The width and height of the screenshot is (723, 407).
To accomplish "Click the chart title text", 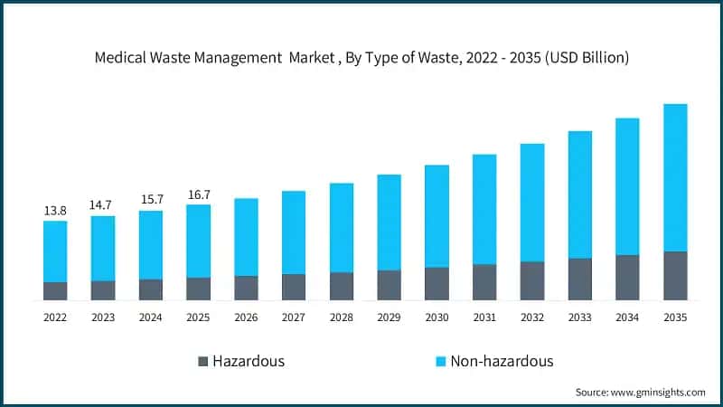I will coord(361,57).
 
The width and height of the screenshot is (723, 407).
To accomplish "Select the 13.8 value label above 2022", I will coord(55,211).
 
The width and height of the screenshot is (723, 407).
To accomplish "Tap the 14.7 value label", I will coord(103,205).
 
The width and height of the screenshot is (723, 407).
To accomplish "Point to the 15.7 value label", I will coord(151,200).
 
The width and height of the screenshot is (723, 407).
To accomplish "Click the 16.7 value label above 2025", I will coord(198,194).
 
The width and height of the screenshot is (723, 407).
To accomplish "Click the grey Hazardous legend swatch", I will coord(202,362).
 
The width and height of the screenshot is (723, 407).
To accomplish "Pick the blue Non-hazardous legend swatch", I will coord(440,362).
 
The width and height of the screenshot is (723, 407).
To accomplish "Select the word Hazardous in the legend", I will coord(249,362).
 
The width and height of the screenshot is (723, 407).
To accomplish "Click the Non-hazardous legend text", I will coord(502,362).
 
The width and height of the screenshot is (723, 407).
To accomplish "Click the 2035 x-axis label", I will coord(675,317).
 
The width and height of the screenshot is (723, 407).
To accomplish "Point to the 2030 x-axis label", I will coord(437,317).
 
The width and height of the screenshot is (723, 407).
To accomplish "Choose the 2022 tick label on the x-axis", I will coord(55,317).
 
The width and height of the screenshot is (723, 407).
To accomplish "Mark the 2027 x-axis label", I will coord(294,317).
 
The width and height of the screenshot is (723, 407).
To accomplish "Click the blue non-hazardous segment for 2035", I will coord(675,177).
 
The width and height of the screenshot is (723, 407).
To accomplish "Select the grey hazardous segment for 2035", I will coord(675,276).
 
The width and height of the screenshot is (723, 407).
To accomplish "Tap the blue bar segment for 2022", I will coord(55,251).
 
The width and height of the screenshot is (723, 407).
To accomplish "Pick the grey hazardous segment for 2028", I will coord(342,286).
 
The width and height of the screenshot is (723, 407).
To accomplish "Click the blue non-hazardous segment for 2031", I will coord(484,209).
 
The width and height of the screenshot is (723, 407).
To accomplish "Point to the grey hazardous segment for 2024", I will coord(151,289).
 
